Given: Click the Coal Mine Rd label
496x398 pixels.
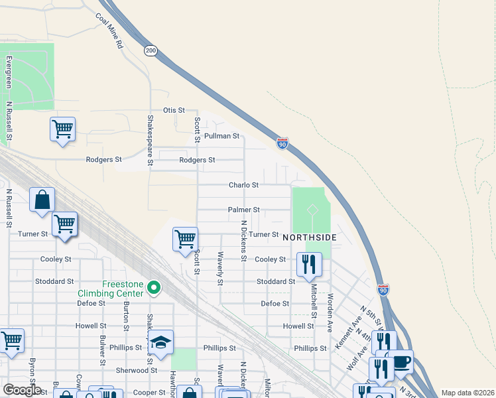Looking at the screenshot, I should point(110,31).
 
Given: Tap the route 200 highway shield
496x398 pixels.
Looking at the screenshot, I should point(151,51).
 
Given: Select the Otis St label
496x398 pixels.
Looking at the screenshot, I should point(174,110).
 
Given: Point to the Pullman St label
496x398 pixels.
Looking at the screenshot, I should point(221,136).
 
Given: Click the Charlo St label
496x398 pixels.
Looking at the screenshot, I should point(243,185).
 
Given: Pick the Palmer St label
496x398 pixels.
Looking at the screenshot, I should point(243,210).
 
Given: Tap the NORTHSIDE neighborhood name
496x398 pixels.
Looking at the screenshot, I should point(310,237).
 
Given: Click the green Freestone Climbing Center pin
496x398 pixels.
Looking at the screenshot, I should point(154,288).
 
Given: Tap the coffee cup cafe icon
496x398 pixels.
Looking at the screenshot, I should point(401,362).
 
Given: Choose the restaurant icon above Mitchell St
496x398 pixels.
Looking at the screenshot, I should point(309,265).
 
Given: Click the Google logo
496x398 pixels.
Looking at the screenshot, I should point(22,390).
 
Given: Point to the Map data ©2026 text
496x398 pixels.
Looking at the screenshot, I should point(467,393).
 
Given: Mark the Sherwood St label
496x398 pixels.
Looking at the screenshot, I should point(136,370).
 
